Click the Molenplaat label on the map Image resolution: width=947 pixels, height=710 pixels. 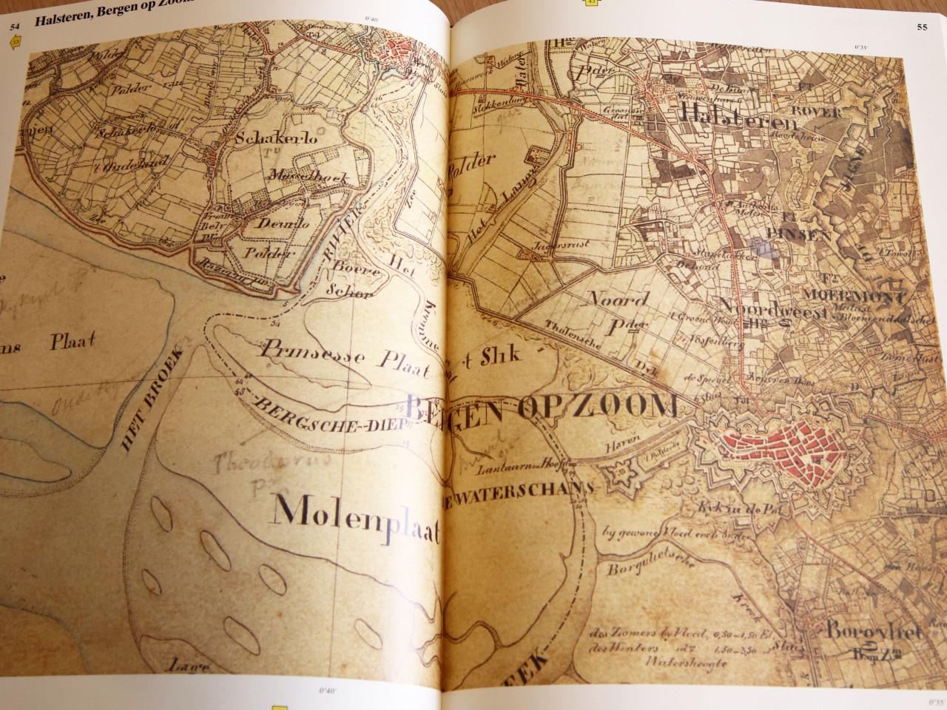tap(357, 520)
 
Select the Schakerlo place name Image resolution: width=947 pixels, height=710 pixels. tap(269, 139)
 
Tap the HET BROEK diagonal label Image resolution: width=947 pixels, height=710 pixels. tap(150, 411)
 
